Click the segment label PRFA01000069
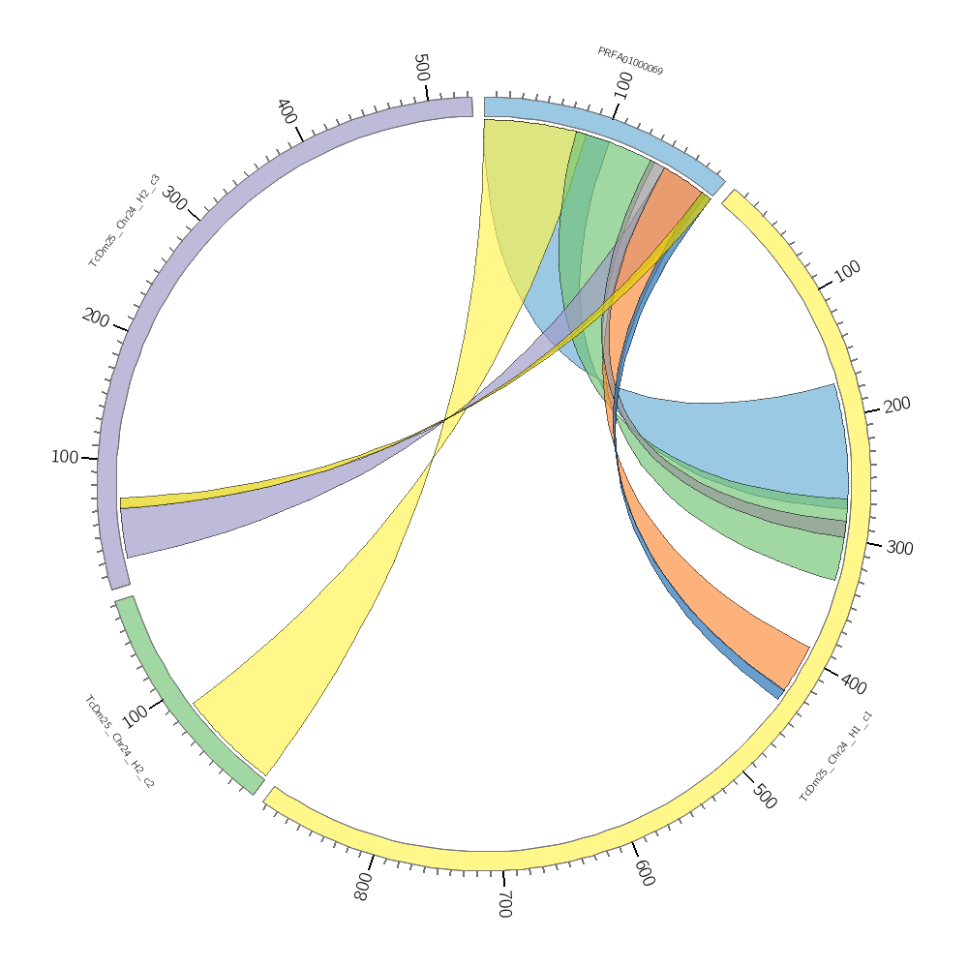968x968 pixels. coord(629,61)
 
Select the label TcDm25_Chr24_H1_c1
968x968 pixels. coord(836,757)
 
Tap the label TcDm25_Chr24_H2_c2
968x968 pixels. coord(119,741)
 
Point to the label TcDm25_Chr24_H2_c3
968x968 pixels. coord(124,221)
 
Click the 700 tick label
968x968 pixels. coord(504,903)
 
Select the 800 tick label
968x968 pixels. coord(363,887)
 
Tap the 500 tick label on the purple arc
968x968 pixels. coord(421,68)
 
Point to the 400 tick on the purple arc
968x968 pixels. coord(287,109)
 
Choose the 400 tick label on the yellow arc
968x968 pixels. coord(854,683)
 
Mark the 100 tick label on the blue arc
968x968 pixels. coord(623,85)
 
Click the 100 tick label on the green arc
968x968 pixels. coord(135,715)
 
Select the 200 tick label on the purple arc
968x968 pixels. coord(95,317)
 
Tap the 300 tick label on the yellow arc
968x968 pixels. coord(899,548)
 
